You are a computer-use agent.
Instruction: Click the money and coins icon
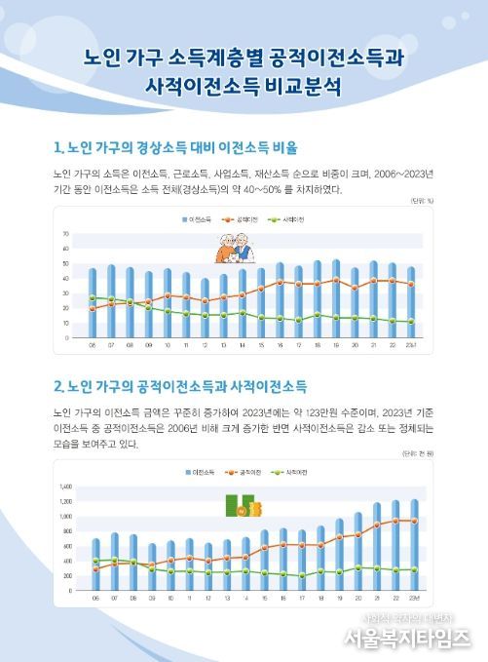(240, 507)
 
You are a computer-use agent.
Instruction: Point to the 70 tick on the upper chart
(65, 235)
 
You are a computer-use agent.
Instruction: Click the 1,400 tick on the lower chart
(65, 486)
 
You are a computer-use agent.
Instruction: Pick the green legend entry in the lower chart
(296, 472)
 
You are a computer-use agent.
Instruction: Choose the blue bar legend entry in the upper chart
(198, 221)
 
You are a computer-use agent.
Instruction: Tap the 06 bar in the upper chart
(93, 302)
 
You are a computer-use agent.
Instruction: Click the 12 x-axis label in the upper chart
(205, 345)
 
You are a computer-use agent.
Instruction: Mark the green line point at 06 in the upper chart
(93, 297)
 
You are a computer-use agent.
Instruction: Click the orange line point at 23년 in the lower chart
(413, 521)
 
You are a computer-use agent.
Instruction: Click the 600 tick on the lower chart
(65, 546)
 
